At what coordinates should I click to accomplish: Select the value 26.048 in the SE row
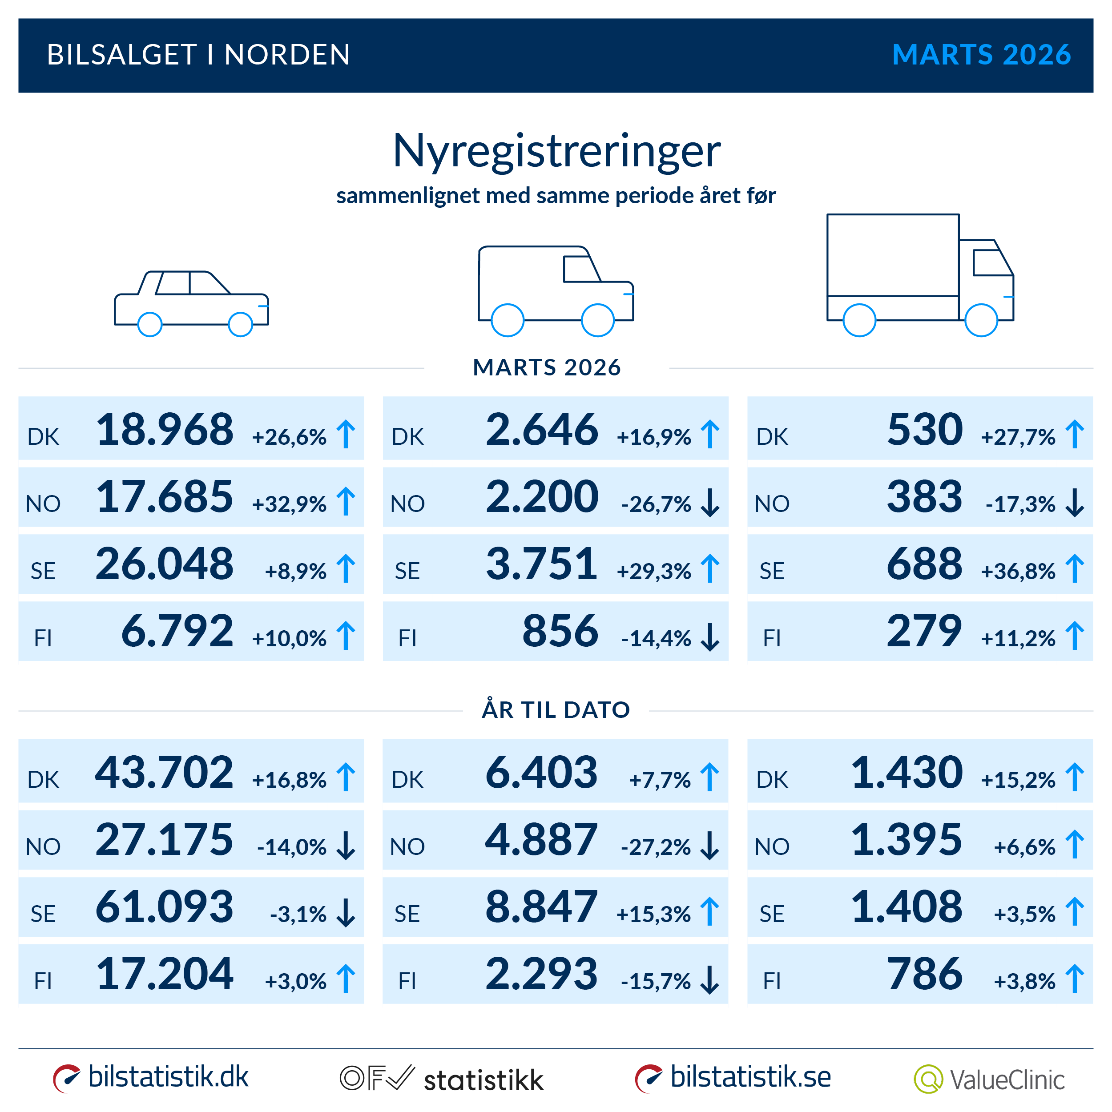point(165,564)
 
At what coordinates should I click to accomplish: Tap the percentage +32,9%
point(289,504)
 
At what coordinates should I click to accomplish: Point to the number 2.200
point(542,497)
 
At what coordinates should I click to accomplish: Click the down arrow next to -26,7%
point(710,503)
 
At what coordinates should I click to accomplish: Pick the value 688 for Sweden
point(924,564)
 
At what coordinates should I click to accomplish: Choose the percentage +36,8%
point(1018,572)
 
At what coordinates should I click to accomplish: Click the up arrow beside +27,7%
point(1074,434)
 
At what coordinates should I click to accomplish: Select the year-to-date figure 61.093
point(165,907)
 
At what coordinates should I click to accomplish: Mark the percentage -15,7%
point(656,981)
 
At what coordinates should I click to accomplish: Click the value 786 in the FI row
point(924,974)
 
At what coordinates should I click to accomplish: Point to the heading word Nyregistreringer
point(556,151)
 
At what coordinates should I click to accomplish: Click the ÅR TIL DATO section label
point(556,709)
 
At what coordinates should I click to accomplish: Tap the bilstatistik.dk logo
point(151,1077)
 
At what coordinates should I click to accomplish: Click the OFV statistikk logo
point(441,1079)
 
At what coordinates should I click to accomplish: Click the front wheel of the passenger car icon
point(241,324)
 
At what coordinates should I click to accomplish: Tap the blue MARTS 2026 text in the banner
point(981,55)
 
